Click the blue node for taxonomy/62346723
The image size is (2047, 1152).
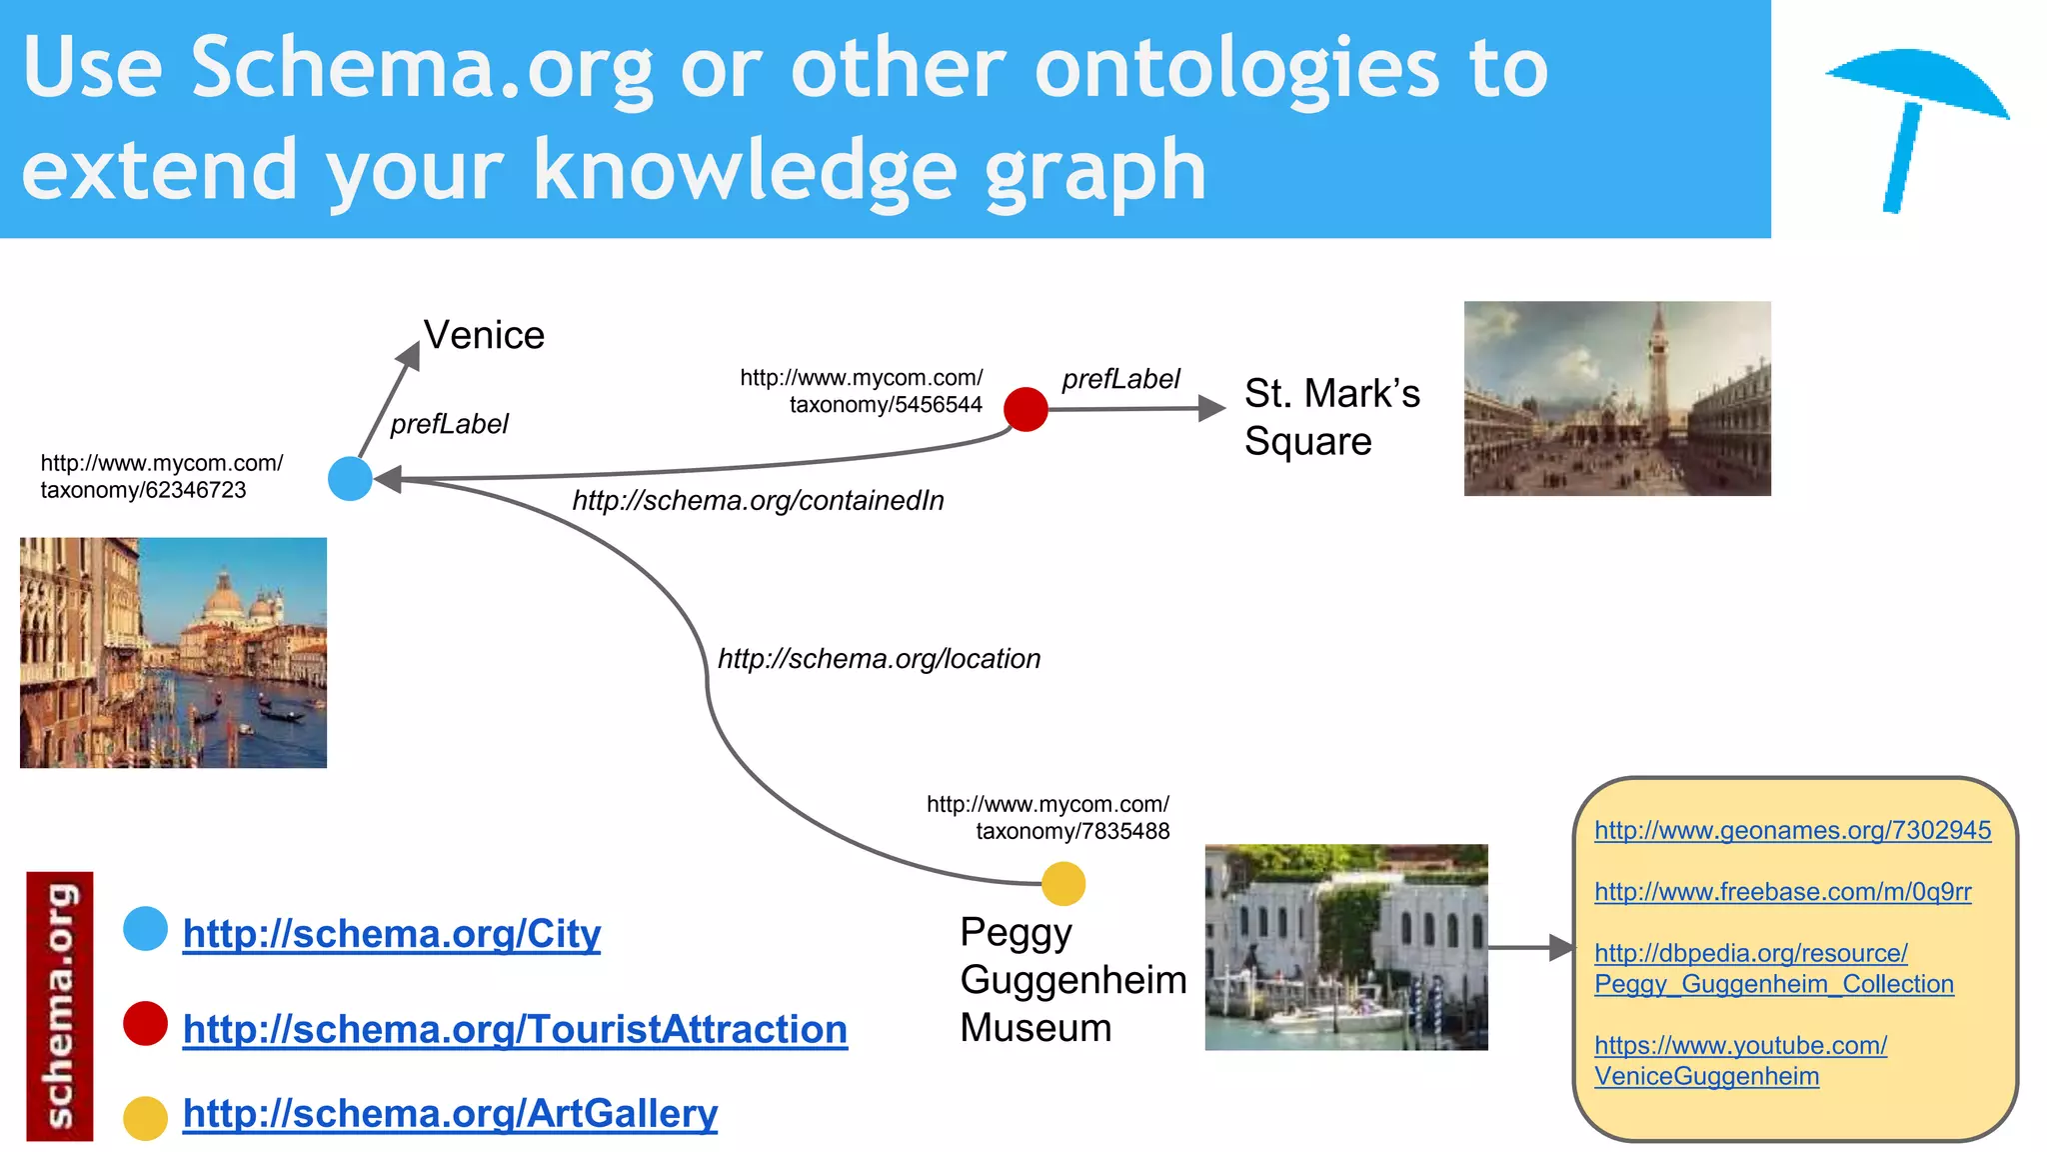tap(350, 478)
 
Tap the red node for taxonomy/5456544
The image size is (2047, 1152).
tap(1025, 409)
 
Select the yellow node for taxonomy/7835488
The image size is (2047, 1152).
tap(1062, 884)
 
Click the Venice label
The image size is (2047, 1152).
tap(484, 335)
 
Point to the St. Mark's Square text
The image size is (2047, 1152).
tap(1330, 417)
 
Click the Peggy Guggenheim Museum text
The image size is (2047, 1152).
tap(1072, 980)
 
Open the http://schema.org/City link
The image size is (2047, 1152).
tap(391, 934)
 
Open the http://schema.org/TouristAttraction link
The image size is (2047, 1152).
tap(515, 1029)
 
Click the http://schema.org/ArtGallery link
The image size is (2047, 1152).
tap(450, 1114)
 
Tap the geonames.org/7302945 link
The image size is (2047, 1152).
tap(1792, 830)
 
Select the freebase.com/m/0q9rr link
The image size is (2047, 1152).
tap(1782, 892)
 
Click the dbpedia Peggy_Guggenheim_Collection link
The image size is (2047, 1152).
tap(1772, 969)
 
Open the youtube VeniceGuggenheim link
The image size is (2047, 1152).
tap(1739, 1061)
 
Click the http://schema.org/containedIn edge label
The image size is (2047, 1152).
tap(758, 501)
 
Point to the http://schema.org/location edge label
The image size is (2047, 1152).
tap(879, 659)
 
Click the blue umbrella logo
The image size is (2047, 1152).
tap(1914, 120)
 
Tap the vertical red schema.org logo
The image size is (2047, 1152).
tap(60, 1005)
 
